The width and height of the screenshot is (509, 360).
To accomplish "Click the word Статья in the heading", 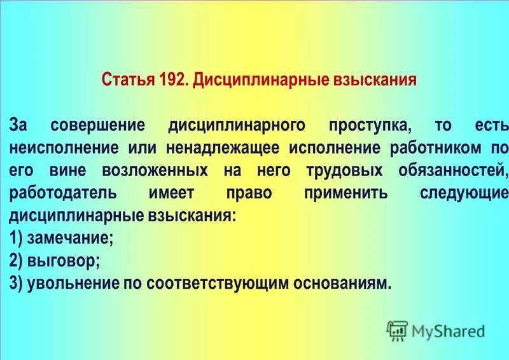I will pos(123,81).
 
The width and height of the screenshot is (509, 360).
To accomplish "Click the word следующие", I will pos(464,193).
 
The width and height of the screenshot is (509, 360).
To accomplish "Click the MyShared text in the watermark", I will pos(448,331).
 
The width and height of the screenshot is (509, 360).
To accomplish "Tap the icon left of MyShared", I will pos(397,331).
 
